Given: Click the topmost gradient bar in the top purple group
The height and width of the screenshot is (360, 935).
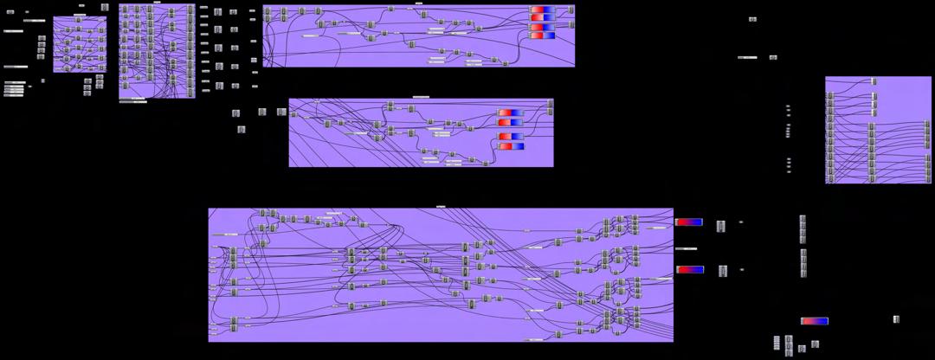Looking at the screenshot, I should pyautogui.click(x=542, y=10).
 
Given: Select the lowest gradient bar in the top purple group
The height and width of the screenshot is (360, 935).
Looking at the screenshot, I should pyautogui.click(x=542, y=35).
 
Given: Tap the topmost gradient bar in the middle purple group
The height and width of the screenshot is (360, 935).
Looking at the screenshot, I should pyautogui.click(x=511, y=112).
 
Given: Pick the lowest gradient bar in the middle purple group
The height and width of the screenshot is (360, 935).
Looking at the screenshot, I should pyautogui.click(x=511, y=145).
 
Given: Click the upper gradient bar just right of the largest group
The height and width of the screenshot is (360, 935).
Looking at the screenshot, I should pyautogui.click(x=689, y=222).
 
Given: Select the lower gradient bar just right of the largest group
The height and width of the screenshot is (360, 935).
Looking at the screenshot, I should pyautogui.click(x=690, y=269).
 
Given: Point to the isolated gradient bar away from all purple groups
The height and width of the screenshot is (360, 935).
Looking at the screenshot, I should pyautogui.click(x=815, y=321).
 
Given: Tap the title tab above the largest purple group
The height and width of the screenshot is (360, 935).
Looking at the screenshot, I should pyautogui.click(x=441, y=206).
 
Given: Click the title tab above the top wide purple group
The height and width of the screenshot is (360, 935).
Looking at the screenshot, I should pyautogui.click(x=419, y=3).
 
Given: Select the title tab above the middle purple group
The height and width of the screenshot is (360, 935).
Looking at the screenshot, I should pyautogui.click(x=421, y=96).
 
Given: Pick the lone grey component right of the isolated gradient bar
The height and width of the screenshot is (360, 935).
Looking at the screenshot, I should pyautogui.click(x=896, y=319).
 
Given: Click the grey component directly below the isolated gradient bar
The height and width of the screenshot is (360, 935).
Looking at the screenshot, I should pyautogui.click(x=815, y=344).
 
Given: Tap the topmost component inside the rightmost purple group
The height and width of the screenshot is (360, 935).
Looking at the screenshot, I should pyautogui.click(x=874, y=81).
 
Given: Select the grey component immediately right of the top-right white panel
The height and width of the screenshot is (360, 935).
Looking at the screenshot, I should pyautogui.click(x=773, y=57).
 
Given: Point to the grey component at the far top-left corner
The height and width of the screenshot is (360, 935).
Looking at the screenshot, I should pyautogui.click(x=10, y=12).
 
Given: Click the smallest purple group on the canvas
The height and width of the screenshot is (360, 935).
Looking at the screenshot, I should pyautogui.click(x=80, y=43).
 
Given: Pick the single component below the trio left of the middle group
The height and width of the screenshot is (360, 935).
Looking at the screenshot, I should pyautogui.click(x=242, y=130).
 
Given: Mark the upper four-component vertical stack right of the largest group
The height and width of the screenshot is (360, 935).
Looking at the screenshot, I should pyautogui.click(x=803, y=229).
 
